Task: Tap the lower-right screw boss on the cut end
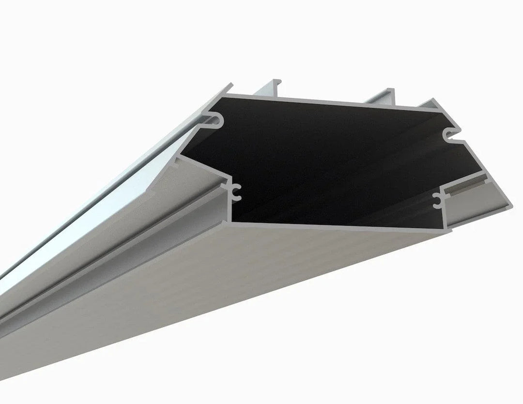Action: point(438,199)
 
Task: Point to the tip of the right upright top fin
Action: point(390,91)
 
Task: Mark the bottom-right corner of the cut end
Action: point(448,232)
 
